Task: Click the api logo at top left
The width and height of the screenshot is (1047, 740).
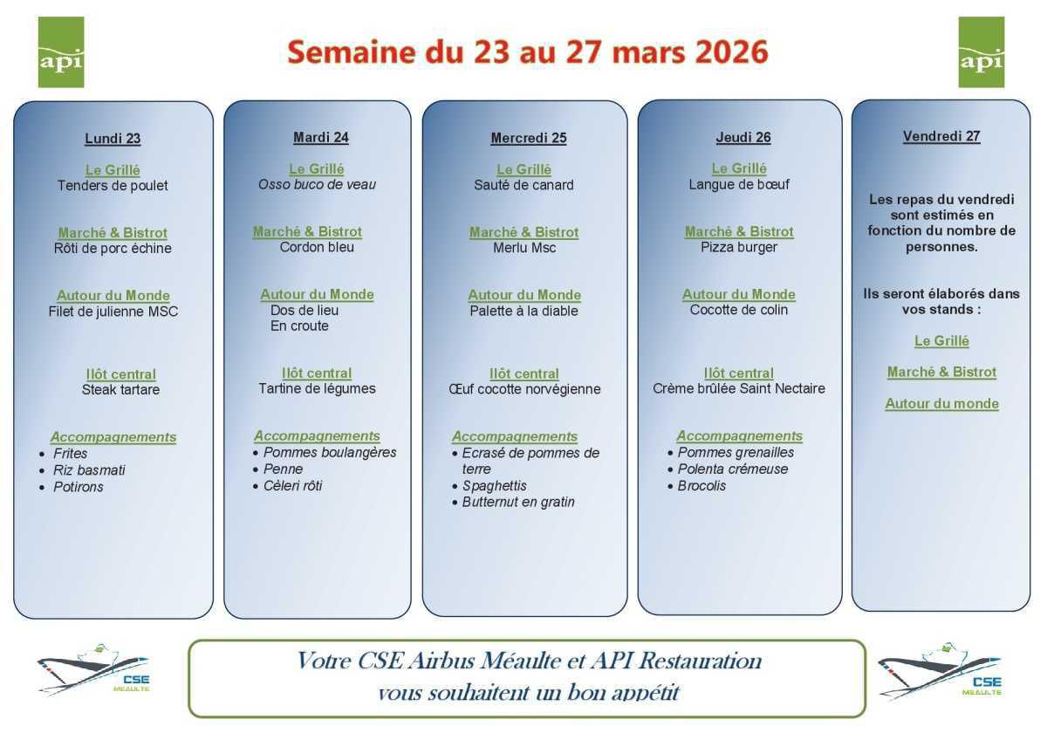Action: [x=61, y=52]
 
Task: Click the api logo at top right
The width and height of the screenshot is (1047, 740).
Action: [x=982, y=52]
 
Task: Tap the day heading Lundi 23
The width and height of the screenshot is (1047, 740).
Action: [x=113, y=138]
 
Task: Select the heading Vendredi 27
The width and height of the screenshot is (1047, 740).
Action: [x=941, y=136]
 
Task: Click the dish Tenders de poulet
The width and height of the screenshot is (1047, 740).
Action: [x=113, y=186]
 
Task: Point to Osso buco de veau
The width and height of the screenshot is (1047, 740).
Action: [x=317, y=185]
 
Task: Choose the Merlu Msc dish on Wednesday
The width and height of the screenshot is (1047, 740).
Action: [x=524, y=248]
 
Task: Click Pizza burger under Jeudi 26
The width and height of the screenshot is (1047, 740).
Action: [x=739, y=247]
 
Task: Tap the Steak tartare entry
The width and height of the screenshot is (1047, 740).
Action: [x=120, y=390]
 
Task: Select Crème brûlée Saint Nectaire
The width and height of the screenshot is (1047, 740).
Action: [x=739, y=388]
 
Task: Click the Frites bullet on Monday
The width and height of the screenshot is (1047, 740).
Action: [x=71, y=454]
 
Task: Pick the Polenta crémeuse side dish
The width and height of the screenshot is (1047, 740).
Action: [x=733, y=469]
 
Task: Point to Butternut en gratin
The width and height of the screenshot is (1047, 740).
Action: [x=518, y=502]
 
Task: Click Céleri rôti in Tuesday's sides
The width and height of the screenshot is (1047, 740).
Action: [x=293, y=485]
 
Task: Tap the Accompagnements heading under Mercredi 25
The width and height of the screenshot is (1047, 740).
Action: [x=515, y=436]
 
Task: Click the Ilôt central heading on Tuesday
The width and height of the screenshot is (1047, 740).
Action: [x=317, y=373]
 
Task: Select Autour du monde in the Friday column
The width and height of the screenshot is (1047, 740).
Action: [x=941, y=403]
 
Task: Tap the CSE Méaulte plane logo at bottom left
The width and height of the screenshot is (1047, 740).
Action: [x=93, y=670]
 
